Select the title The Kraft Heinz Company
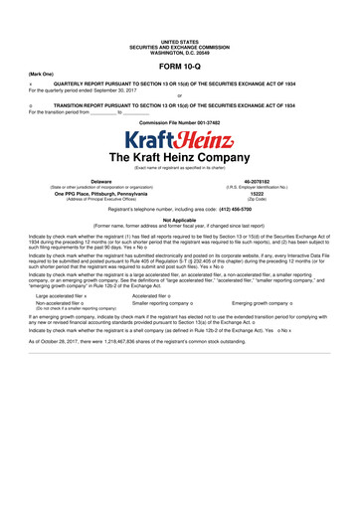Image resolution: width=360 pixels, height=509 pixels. coord(180,158)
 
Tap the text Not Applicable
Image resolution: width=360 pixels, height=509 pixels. coord(180,221)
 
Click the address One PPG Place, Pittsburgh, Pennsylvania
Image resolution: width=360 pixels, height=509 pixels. coord(94,194)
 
